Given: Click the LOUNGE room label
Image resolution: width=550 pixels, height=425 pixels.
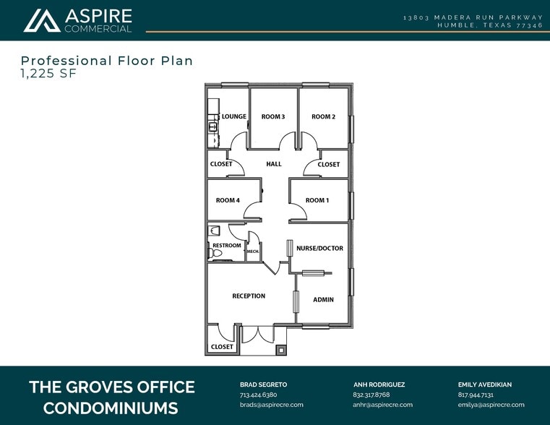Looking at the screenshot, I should (x=234, y=116).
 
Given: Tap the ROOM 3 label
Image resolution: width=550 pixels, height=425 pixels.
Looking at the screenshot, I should (x=273, y=116).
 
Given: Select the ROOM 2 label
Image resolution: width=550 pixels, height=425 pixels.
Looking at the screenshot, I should (x=323, y=116).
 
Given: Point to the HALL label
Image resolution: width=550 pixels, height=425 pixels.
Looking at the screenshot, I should (x=274, y=164).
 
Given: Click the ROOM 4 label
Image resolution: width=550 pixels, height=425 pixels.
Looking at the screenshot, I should (x=228, y=200).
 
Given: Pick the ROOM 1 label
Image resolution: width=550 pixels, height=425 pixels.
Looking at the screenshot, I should (x=317, y=200).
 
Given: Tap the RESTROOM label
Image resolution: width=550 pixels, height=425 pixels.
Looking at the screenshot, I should (x=227, y=246).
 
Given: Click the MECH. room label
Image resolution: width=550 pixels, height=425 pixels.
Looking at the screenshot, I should (x=253, y=252).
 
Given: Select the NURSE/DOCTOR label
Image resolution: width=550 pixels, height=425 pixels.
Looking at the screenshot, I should (x=319, y=249).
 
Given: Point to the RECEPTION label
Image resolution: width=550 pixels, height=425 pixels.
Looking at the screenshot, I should (x=249, y=296).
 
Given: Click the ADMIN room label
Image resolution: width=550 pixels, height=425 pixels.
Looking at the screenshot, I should (x=323, y=299).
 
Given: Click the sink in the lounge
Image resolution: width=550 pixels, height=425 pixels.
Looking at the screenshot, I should (x=213, y=127).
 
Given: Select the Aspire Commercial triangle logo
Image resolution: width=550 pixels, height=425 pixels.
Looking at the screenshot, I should (x=42, y=20).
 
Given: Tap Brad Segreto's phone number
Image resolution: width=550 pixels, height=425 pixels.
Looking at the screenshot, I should (x=258, y=395).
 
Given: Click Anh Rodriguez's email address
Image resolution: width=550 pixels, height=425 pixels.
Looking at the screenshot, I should (x=382, y=405).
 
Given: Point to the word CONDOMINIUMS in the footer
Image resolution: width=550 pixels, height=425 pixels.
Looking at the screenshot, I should (x=111, y=408).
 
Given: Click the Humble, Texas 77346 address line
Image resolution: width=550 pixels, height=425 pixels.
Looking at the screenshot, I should (x=489, y=25).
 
